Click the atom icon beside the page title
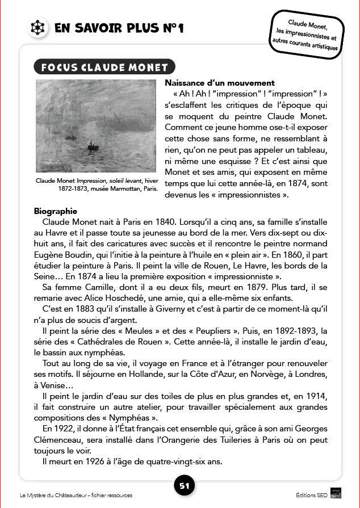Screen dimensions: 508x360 36,27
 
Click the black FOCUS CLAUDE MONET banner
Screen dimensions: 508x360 104,68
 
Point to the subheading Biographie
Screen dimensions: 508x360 55,211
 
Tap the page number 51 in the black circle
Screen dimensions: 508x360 184,486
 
